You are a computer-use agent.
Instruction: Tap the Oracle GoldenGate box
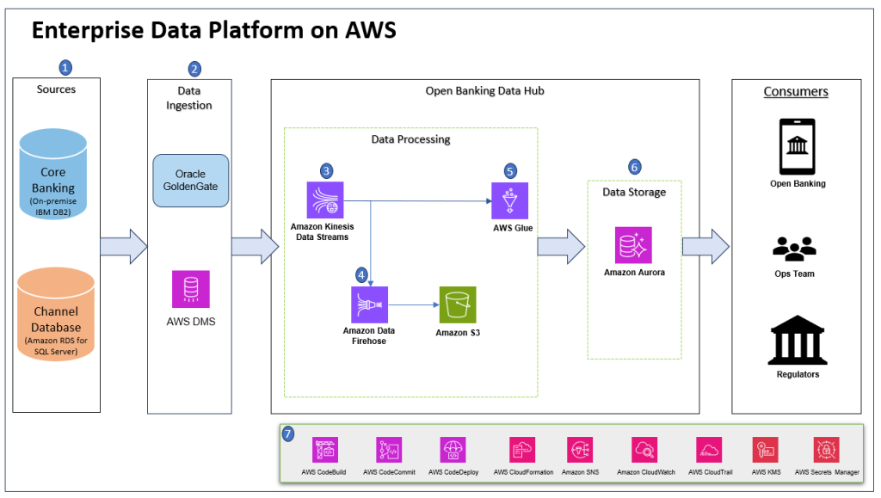coord(190,181)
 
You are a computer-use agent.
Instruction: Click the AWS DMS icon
coord(190,289)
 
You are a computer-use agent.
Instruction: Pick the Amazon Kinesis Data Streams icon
coord(324,200)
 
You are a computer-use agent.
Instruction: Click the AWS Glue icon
coord(508,201)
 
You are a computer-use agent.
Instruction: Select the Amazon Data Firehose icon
coord(369,304)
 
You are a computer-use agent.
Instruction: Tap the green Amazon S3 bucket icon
coord(458,304)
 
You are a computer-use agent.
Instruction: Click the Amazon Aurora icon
coord(633,245)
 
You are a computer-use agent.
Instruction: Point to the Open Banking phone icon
coord(796,146)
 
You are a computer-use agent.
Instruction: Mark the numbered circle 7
coord(290,434)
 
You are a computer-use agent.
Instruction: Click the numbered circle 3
coord(325,169)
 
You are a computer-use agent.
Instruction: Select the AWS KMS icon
coord(765,450)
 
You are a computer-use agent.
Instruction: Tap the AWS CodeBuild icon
coord(325,450)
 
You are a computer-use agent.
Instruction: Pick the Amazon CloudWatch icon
coord(644,450)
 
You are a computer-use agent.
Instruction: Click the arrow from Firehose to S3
coord(413,304)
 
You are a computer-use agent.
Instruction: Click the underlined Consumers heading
coord(796,91)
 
